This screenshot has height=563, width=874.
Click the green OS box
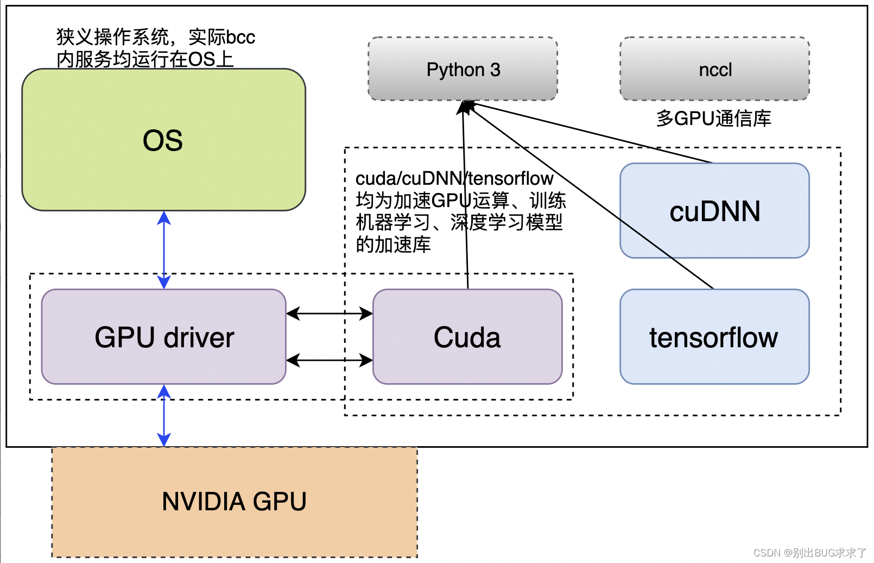163,140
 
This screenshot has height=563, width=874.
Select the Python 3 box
463,70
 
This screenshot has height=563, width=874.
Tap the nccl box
714,70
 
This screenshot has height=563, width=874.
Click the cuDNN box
714,211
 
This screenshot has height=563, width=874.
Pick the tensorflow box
714,337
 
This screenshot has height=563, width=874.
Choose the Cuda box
467,337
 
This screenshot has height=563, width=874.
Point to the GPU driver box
164,337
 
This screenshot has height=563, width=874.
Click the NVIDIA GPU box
235,501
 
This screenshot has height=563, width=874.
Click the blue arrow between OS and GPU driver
164,250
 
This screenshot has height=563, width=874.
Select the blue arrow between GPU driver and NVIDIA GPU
164,416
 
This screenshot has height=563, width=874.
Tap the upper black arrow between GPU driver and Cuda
329,314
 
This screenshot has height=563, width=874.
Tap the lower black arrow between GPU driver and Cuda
329,360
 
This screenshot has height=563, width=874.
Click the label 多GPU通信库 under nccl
713,118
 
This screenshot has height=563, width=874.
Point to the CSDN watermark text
809,553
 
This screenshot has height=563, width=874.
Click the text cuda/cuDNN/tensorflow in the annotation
454,179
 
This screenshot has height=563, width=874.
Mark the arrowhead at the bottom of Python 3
464,107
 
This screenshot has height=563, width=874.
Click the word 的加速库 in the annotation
393,245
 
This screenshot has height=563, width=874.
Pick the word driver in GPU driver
199,337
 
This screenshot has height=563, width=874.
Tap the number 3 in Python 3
495,70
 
